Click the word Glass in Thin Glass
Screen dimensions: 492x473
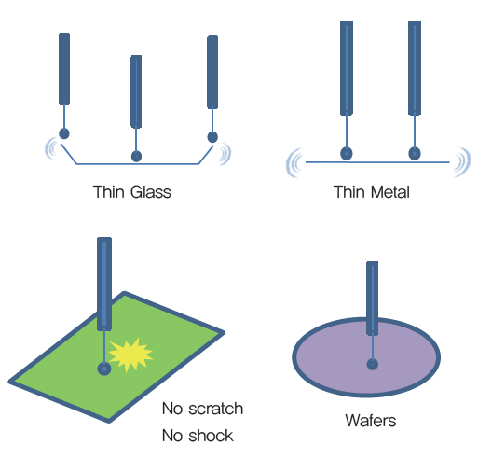tap(151, 192)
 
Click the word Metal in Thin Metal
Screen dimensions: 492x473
tap(390, 192)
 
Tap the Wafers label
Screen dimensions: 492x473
tap(371, 420)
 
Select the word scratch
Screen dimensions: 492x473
tap(216, 409)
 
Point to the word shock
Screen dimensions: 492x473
tap(211, 436)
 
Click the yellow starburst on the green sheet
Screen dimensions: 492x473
tap(130, 355)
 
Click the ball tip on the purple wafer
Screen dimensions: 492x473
tap(373, 365)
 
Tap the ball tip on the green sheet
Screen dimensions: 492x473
tap(104, 369)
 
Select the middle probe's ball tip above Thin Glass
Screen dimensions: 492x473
tap(136, 156)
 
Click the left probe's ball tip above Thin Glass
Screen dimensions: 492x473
tap(64, 133)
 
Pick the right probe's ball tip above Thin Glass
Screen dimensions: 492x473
tap(212, 137)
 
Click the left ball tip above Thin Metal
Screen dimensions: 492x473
tap(347, 154)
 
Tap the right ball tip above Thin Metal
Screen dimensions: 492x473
tap(415, 154)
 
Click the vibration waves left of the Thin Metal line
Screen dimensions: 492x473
tap(294, 163)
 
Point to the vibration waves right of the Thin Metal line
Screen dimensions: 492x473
tap(462, 162)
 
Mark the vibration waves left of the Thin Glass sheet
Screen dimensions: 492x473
tap(52, 148)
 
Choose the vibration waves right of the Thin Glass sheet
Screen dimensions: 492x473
tap(225, 154)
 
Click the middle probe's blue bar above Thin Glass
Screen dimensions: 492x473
tap(136, 91)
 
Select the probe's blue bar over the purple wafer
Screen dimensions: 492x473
tap(372, 299)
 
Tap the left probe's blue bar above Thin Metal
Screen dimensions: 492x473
tap(347, 68)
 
